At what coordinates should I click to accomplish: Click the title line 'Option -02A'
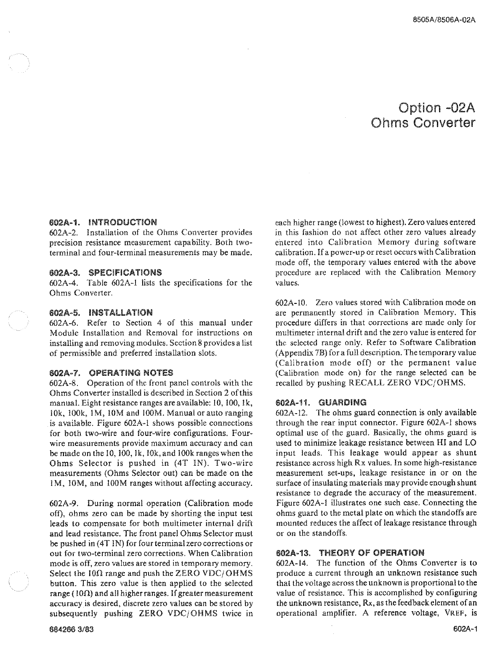pyautogui.click(x=436, y=108)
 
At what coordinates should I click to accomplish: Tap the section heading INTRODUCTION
pyautogui.click(x=123, y=222)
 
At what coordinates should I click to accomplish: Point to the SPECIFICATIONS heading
pyautogui.click(x=125, y=272)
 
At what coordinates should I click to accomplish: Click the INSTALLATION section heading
pyautogui.click(x=121, y=312)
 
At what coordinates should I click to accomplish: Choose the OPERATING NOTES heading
pyautogui.click(x=131, y=373)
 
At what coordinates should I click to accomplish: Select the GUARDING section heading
pyautogui.click(x=343, y=402)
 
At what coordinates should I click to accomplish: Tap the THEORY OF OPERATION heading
pyautogui.click(x=372, y=552)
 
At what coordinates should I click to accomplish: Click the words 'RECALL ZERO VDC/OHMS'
pyautogui.click(x=406, y=383)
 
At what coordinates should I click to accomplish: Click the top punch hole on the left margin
pyautogui.click(x=19, y=64)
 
